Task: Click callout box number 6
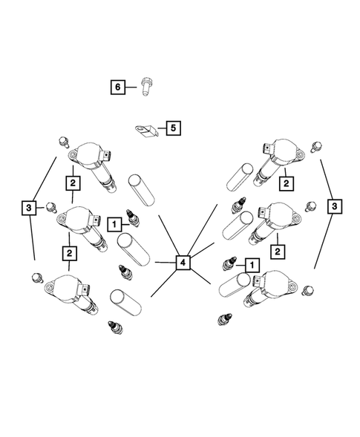click(118, 87)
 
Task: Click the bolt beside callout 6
click(145, 86)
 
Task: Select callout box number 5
click(174, 128)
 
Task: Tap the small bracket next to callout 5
click(147, 131)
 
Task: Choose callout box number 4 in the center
click(183, 262)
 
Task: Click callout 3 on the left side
click(29, 208)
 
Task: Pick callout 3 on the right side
click(334, 206)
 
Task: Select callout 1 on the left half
click(114, 224)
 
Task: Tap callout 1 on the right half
click(252, 265)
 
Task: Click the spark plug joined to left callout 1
click(133, 218)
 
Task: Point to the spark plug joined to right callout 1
click(229, 264)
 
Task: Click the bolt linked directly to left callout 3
click(51, 207)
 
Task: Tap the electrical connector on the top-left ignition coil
click(107, 156)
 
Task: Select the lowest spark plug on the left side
click(115, 327)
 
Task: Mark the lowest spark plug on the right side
click(224, 319)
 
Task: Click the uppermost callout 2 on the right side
click(287, 183)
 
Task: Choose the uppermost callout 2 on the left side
click(73, 183)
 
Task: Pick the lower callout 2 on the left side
click(69, 253)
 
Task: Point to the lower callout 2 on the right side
click(278, 252)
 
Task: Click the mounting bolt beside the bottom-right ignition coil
click(308, 290)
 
